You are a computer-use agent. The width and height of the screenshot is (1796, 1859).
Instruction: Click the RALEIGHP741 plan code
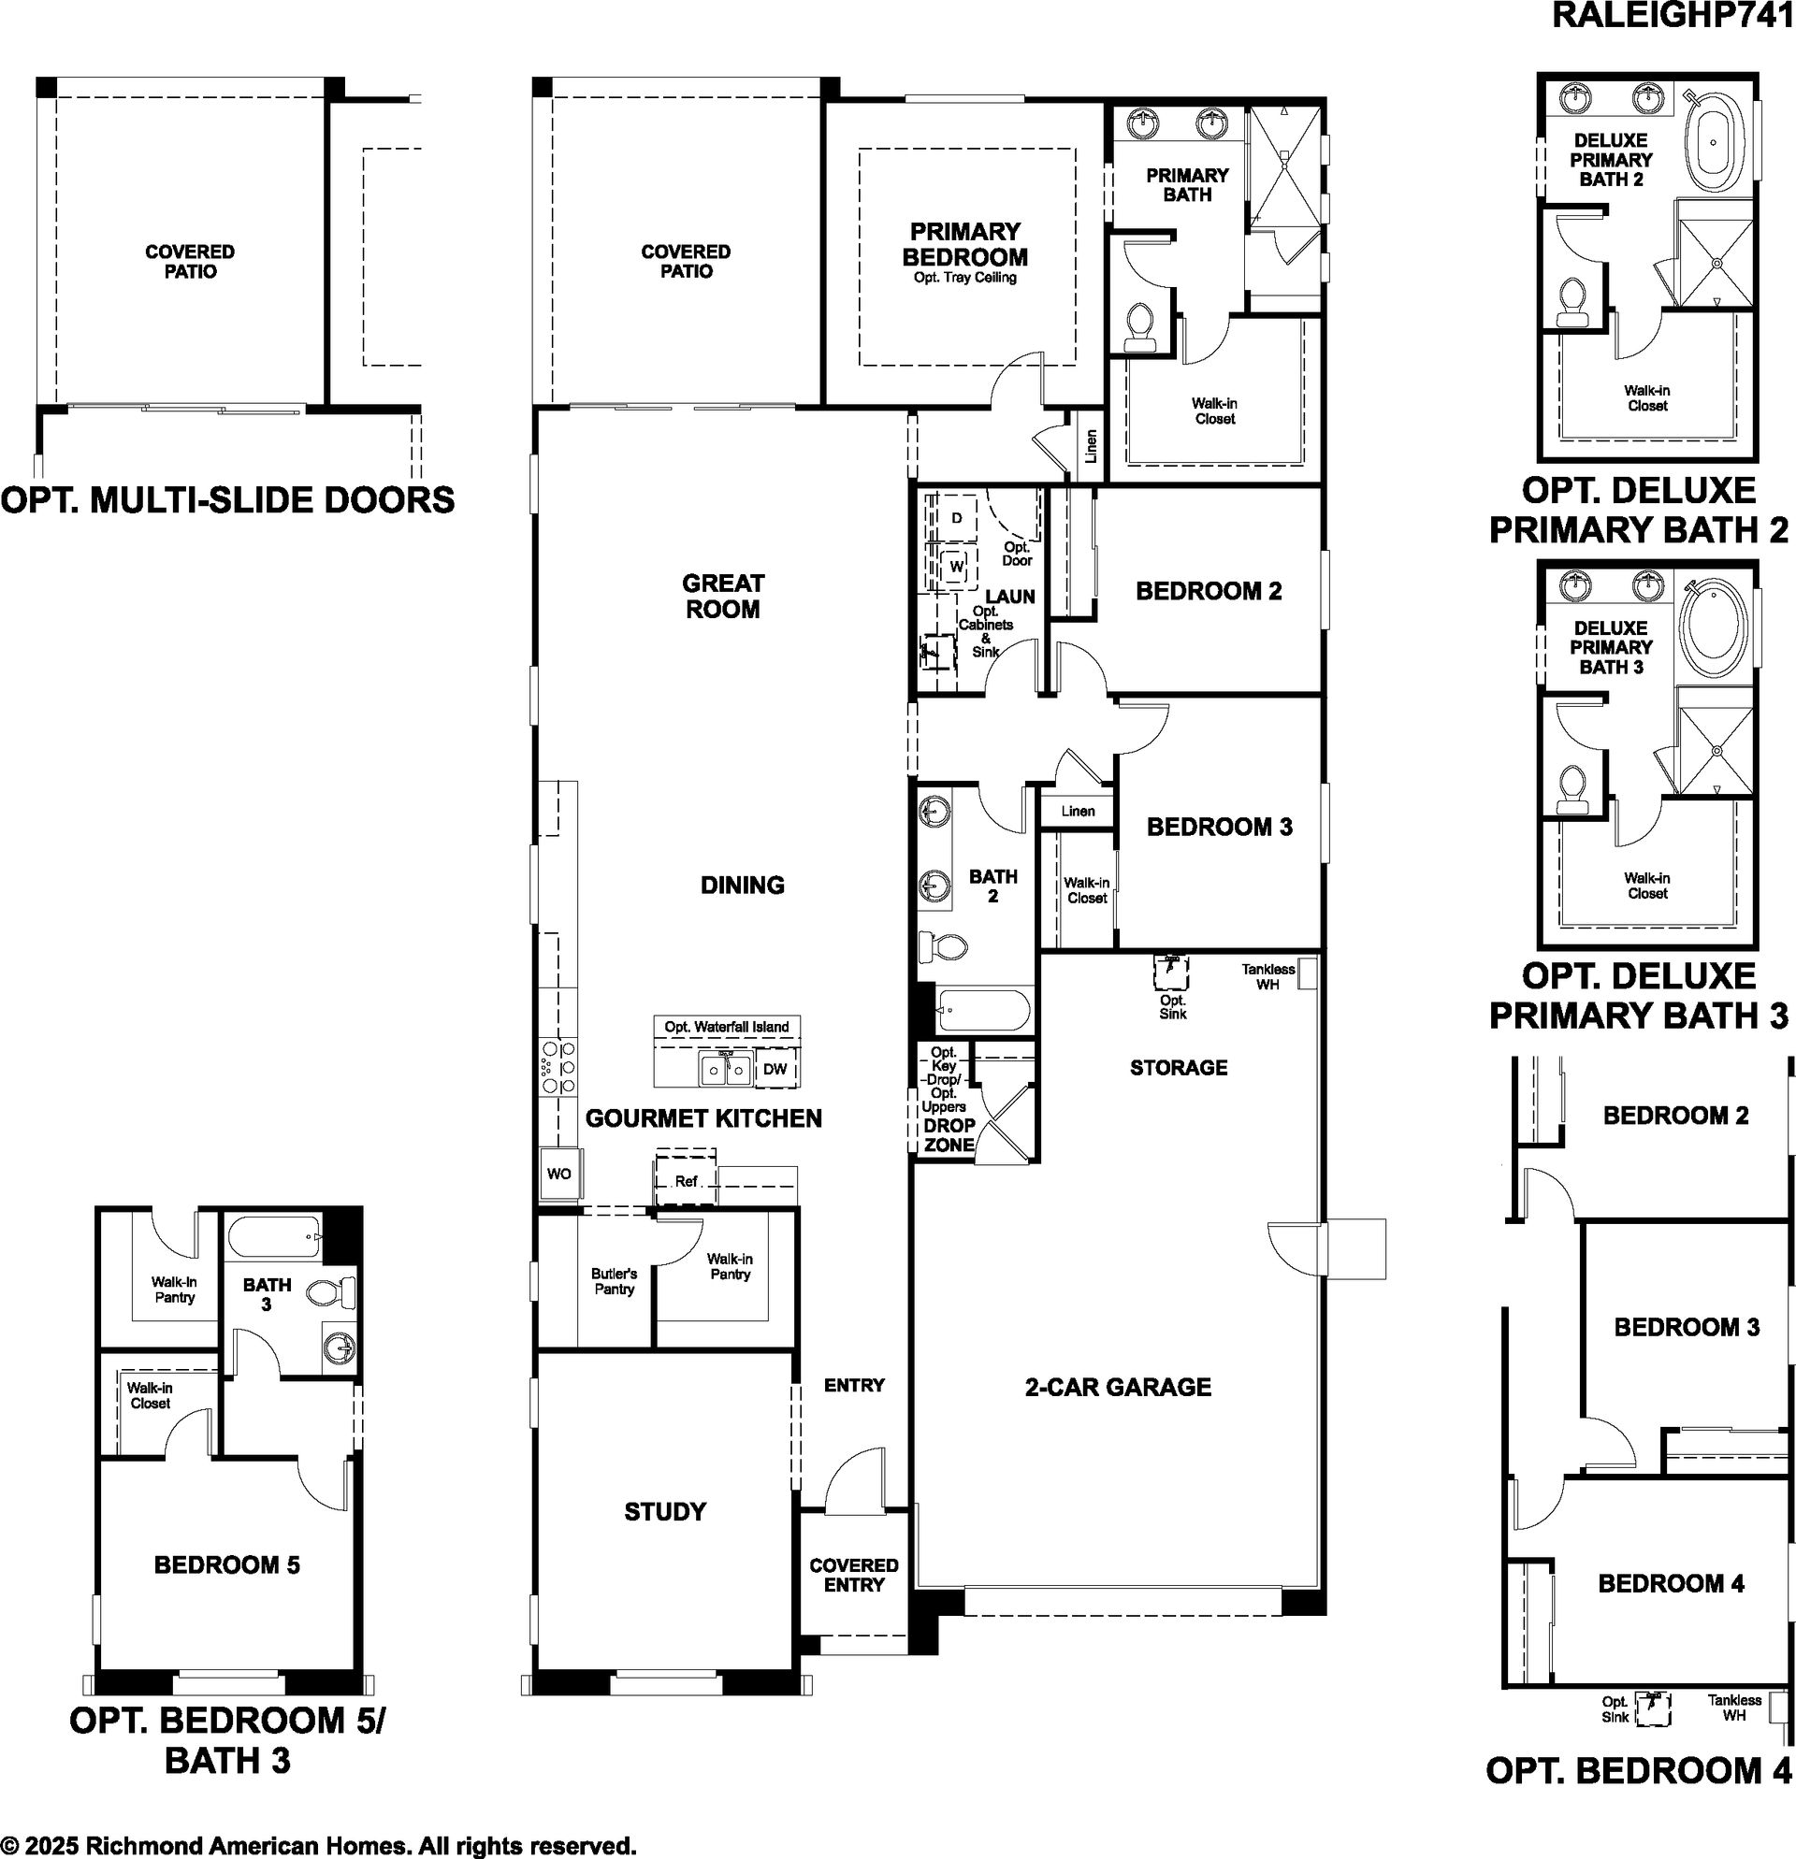(x=1673, y=17)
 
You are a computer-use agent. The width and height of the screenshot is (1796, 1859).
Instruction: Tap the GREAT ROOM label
(x=723, y=596)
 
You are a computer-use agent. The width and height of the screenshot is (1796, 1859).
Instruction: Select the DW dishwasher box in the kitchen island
(x=775, y=1069)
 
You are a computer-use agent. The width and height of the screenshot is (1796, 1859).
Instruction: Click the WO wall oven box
(x=558, y=1174)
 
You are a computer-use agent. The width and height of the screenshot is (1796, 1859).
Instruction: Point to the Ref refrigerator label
(x=686, y=1181)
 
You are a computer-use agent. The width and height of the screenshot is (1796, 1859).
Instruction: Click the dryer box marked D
(x=956, y=518)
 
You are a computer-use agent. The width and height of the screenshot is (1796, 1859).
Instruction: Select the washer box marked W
(x=956, y=567)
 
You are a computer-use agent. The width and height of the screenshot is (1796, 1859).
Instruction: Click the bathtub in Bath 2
(x=982, y=1012)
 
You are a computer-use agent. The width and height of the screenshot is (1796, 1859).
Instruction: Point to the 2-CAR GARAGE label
(x=1118, y=1387)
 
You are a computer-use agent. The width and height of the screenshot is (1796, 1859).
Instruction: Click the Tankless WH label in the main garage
(x=1268, y=976)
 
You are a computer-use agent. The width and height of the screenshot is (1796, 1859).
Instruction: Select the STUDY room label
(x=665, y=1511)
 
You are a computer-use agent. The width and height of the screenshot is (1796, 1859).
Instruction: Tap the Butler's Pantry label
(x=614, y=1280)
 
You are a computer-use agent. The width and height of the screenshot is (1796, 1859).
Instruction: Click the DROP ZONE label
(x=949, y=1134)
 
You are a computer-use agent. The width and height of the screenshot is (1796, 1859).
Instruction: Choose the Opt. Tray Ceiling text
(x=965, y=278)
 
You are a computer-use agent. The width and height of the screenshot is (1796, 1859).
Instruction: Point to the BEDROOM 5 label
(x=226, y=1564)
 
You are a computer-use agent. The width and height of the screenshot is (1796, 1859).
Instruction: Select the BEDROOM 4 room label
(x=1671, y=1583)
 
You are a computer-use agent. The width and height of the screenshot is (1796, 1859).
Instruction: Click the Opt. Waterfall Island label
(x=727, y=1026)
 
